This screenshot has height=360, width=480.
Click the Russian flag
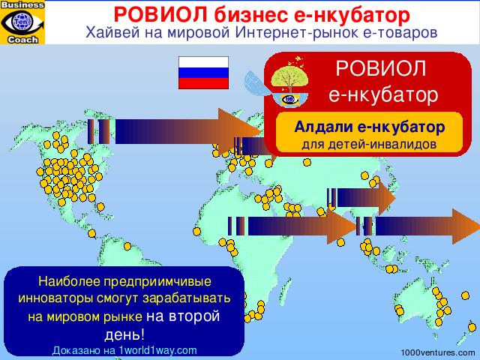coord(203,73)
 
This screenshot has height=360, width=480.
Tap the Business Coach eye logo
coord(22,22)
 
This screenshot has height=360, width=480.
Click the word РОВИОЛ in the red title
coord(160,15)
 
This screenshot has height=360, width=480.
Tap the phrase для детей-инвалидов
coord(369,144)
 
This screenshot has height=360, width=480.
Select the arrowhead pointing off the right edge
coord(466,226)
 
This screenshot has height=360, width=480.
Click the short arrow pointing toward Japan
coord(361,198)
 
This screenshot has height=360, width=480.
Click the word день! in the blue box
coord(124,335)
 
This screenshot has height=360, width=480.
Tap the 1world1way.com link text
coord(157,350)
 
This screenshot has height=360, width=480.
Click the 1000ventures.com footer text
coord(438,353)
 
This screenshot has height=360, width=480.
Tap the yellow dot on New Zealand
coord(472,328)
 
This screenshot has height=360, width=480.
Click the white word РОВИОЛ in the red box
coord(381,68)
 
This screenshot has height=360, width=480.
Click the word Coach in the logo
coord(23,40)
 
